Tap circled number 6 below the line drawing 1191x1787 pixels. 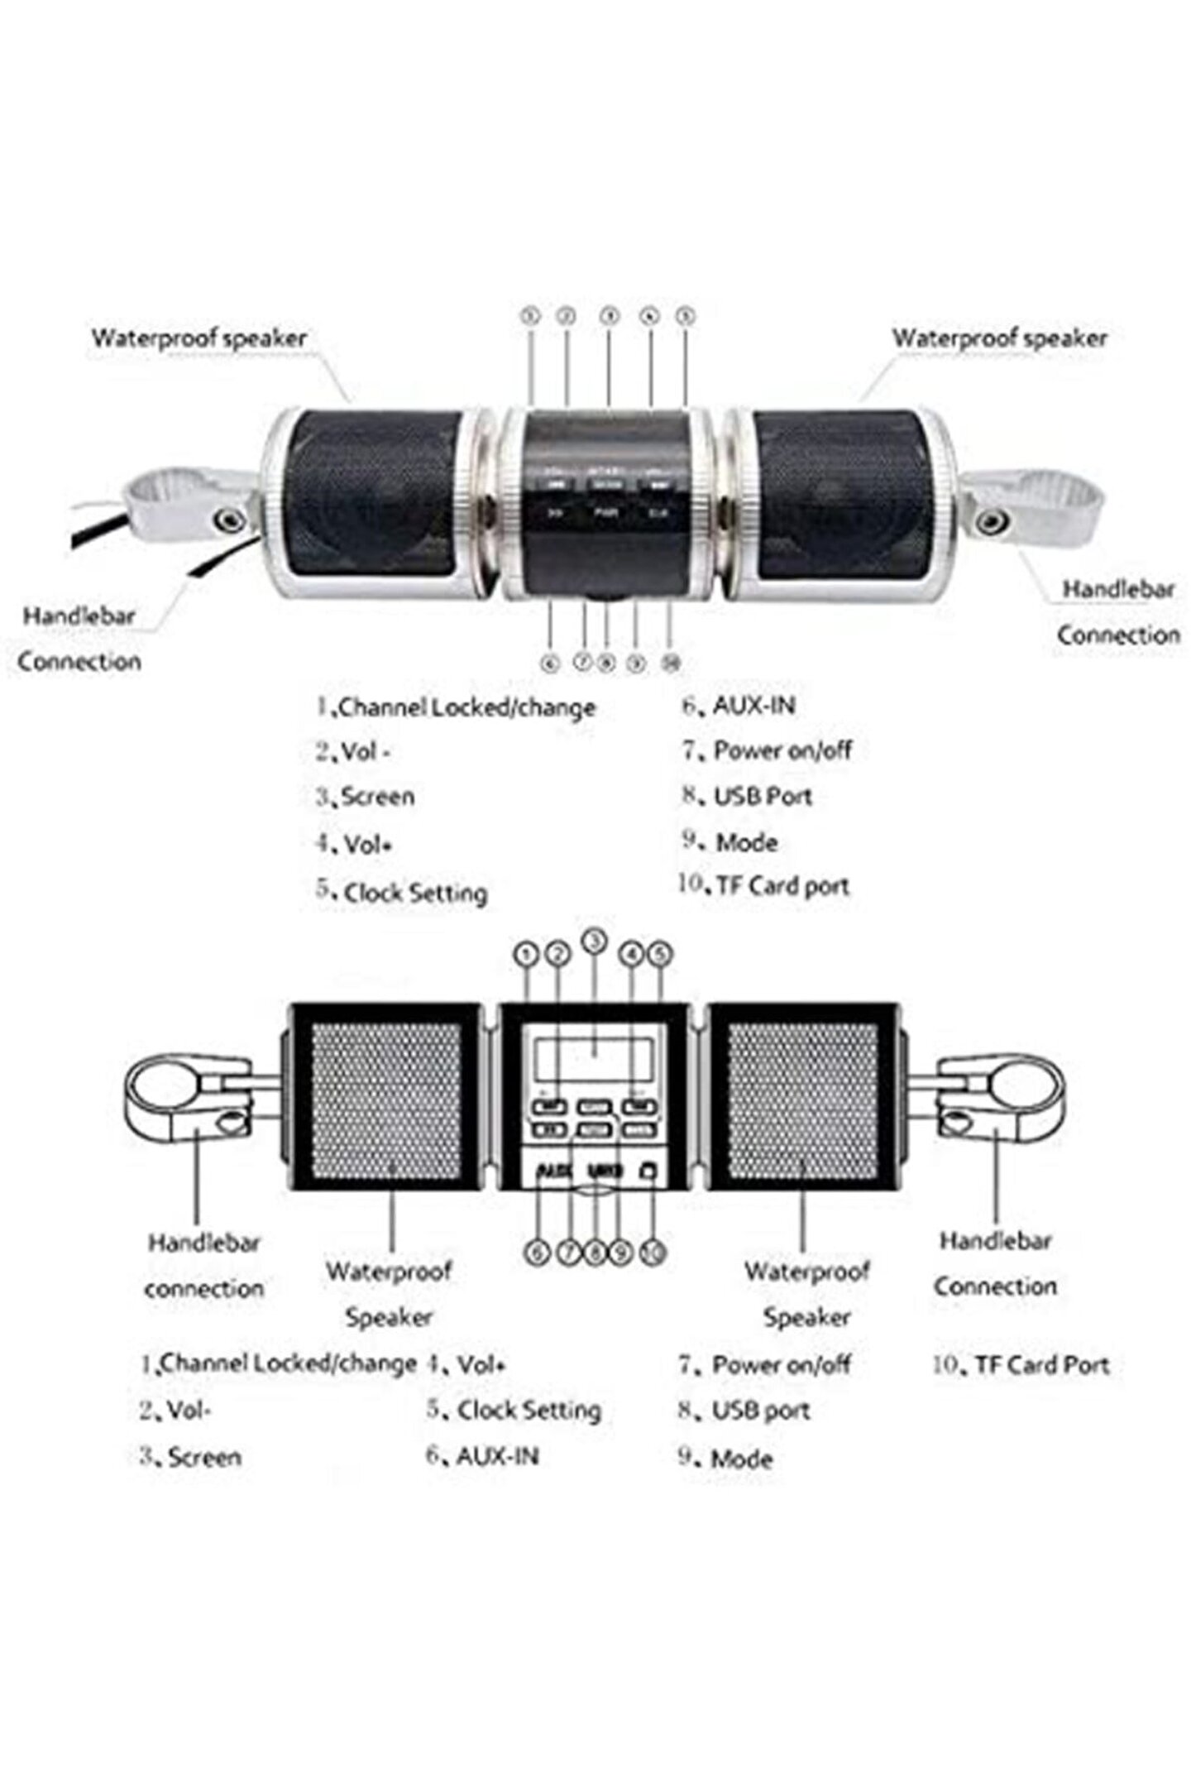click(538, 1253)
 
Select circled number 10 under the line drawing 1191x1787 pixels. click(653, 1253)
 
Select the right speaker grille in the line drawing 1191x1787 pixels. click(802, 1095)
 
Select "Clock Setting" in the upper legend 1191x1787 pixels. click(414, 893)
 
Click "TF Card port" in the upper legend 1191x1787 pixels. click(782, 886)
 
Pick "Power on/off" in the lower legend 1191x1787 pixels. click(781, 1364)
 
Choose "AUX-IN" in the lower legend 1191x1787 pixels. click(496, 1455)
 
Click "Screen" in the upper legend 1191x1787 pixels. click(377, 797)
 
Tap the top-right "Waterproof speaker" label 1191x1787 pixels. click(998, 338)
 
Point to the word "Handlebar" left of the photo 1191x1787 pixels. click(79, 616)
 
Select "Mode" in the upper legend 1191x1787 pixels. click(746, 842)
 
